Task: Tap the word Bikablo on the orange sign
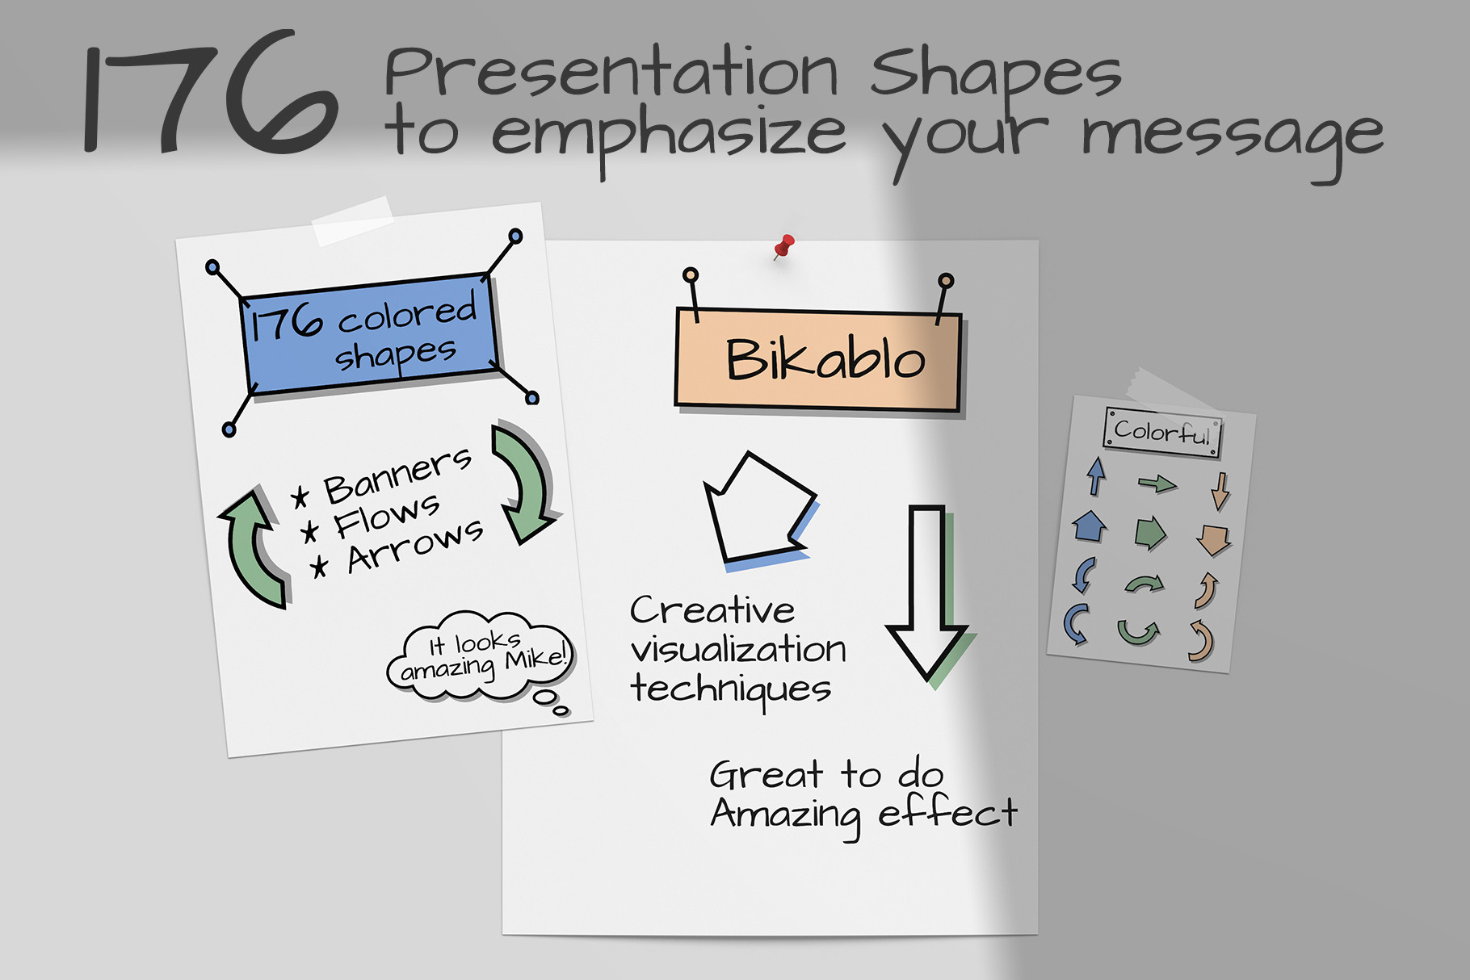(x=825, y=358)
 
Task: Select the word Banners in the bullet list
(x=397, y=475)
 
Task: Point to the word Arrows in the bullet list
(x=415, y=547)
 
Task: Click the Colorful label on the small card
(x=1162, y=432)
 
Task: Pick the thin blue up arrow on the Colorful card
(x=1096, y=476)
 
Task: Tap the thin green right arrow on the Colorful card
(x=1157, y=484)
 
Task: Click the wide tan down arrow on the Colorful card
(x=1213, y=539)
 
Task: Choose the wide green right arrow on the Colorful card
(x=1150, y=533)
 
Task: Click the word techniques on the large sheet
(x=731, y=689)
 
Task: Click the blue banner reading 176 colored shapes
(x=370, y=333)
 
